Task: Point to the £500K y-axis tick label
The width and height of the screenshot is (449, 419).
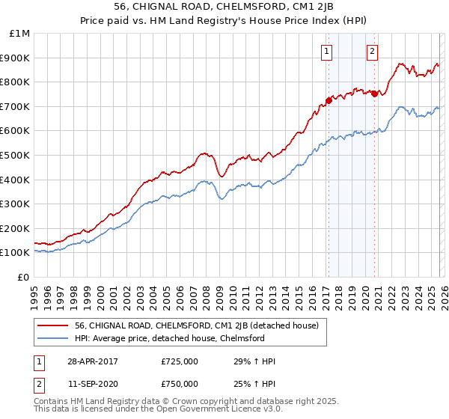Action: coord(16,155)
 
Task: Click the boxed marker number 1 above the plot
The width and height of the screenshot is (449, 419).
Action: coord(327,52)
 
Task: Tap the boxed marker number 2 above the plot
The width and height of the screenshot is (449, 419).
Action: coord(372,52)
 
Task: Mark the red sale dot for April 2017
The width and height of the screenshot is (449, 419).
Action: coord(329,100)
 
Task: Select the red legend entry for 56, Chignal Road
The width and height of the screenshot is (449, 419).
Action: coord(197,325)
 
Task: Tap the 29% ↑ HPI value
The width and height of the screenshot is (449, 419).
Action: coord(255,362)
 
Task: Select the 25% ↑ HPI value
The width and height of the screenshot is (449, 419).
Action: coord(255,384)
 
